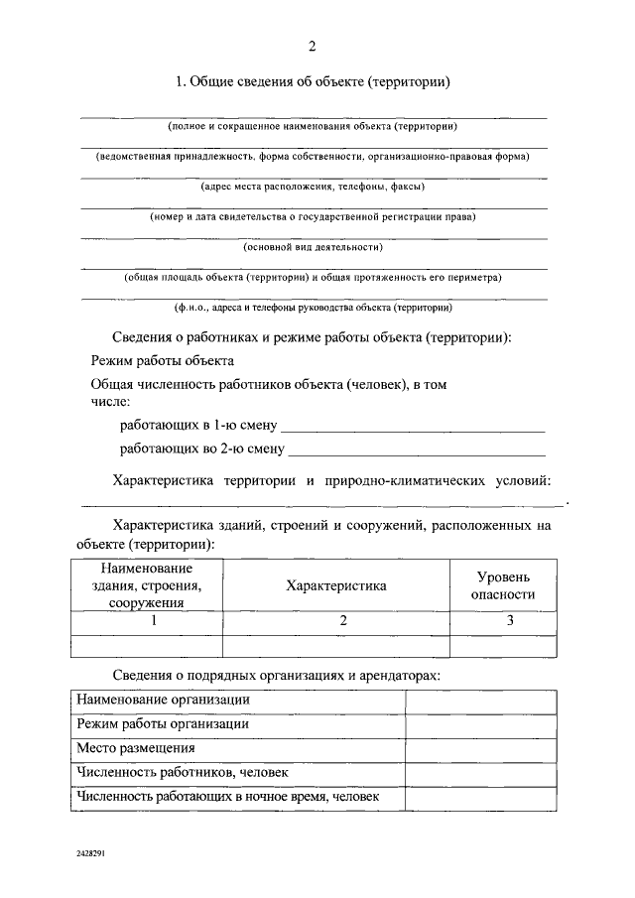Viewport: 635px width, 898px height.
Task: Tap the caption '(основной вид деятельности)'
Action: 314,247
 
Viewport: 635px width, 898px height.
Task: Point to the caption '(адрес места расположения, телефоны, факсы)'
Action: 314,187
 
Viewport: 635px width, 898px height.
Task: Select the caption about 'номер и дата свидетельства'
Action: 314,216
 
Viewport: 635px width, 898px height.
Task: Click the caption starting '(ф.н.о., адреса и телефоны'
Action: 314,308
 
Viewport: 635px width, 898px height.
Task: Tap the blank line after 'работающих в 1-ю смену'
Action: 414,428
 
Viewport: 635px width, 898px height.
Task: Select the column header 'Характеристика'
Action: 336,586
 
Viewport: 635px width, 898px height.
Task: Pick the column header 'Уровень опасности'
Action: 503,585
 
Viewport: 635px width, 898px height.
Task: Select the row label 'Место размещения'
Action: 136,748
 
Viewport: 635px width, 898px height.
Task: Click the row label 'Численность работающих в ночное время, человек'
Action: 228,797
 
